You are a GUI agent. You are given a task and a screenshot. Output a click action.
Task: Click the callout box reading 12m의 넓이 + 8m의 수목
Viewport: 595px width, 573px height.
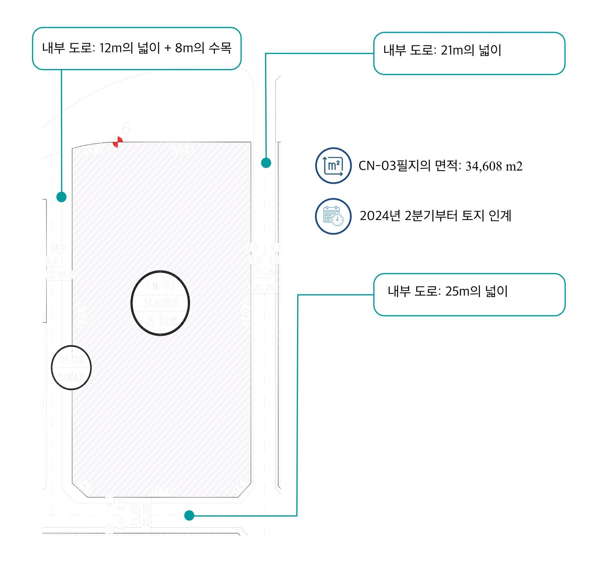click(x=136, y=48)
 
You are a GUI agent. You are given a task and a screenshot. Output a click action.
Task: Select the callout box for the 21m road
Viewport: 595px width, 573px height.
click(x=469, y=53)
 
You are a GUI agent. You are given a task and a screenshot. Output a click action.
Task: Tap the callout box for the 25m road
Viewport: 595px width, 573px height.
click(x=469, y=294)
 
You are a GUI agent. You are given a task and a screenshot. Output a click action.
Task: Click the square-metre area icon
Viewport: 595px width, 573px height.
click(x=333, y=165)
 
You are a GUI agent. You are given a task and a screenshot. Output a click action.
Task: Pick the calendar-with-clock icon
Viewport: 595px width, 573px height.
click(x=333, y=216)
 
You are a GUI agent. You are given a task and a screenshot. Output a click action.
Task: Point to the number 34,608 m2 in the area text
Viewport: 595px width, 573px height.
click(x=493, y=166)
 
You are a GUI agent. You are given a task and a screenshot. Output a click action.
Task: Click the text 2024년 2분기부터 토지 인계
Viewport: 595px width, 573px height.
click(x=435, y=216)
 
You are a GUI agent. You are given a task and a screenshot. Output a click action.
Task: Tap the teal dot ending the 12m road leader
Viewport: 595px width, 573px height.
click(x=61, y=197)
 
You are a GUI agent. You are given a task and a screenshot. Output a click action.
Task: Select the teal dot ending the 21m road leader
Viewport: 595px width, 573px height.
click(x=266, y=162)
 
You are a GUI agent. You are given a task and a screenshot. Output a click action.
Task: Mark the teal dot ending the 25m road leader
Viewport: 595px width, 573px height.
click(x=189, y=515)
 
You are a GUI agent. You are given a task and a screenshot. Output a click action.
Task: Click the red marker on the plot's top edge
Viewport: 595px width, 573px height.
click(x=118, y=142)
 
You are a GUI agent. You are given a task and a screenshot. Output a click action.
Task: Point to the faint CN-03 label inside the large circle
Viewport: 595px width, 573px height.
click(x=160, y=286)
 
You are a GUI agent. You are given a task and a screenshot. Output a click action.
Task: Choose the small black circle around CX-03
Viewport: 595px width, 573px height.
click(x=71, y=367)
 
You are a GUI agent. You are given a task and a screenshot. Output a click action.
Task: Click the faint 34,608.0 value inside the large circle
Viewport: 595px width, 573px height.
click(x=160, y=303)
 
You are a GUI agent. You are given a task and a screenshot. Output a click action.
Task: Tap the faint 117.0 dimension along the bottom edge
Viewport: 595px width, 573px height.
click(x=163, y=492)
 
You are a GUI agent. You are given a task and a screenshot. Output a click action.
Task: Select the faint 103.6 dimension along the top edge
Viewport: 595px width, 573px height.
click(x=183, y=150)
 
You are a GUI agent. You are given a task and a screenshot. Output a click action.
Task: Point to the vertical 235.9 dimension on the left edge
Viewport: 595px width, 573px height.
click(x=81, y=315)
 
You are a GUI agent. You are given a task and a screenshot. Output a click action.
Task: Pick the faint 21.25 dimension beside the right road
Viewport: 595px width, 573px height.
click(x=264, y=288)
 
